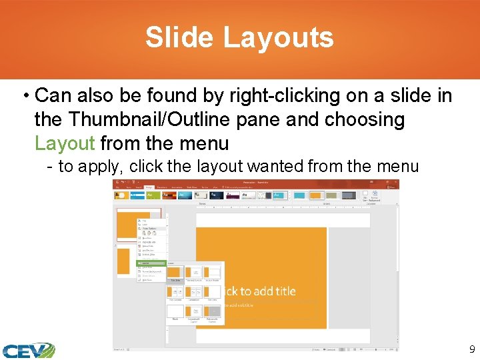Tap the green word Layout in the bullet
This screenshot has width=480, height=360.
65,143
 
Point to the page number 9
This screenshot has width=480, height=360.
472,349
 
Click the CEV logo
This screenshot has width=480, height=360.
28,349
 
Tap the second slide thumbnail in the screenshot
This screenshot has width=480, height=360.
124,261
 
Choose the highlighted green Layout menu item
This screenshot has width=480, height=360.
151,263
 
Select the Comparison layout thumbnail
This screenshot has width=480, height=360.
194,293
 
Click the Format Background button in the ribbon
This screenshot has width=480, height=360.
374,197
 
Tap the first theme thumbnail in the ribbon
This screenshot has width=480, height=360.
122,195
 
